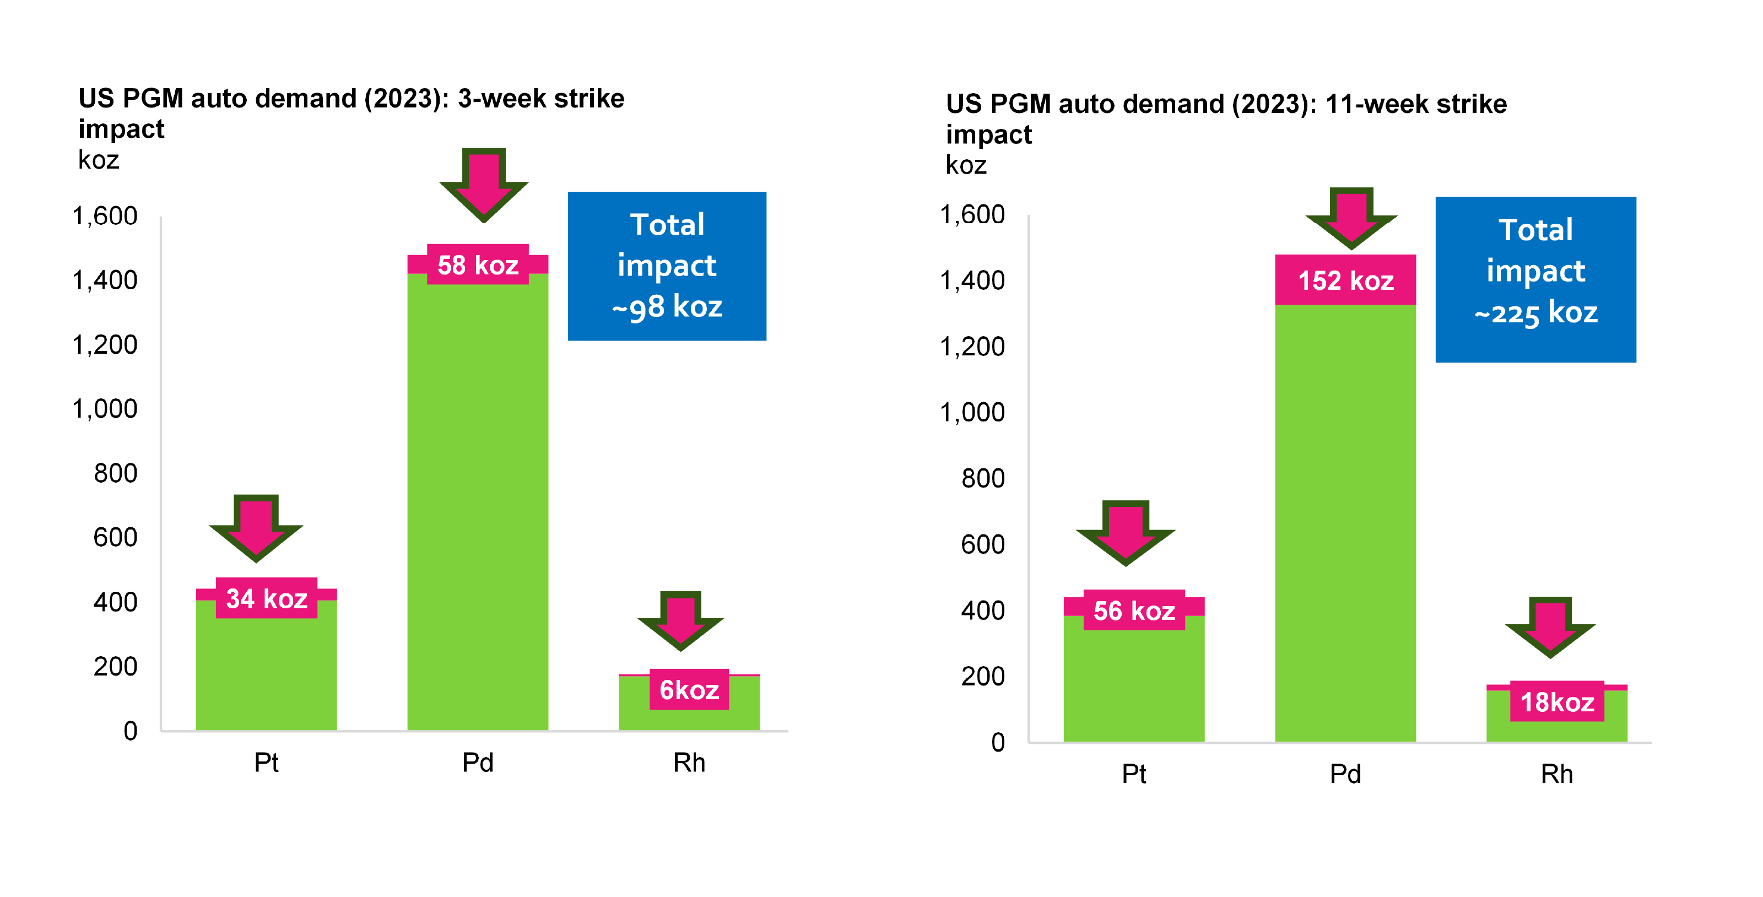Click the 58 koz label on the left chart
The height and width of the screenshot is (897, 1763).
coord(478,265)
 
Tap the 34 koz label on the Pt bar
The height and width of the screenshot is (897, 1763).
coord(266,599)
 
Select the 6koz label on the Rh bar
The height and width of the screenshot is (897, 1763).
coord(689,690)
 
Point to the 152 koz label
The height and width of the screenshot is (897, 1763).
coord(1345,280)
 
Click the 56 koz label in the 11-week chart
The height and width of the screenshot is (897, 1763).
coord(1134,610)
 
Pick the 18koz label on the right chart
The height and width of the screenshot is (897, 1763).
coord(1557,702)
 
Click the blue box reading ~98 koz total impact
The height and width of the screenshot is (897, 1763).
coord(667,266)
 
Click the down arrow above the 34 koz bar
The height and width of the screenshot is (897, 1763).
coord(256,527)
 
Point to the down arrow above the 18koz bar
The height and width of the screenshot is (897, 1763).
coord(1550,626)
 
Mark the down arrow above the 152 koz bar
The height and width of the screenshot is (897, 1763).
coord(1351,218)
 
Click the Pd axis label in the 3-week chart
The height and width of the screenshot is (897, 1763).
coord(478,762)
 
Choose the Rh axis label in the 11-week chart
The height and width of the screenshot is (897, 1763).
coord(1557,774)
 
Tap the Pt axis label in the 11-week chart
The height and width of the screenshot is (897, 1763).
coord(1134,774)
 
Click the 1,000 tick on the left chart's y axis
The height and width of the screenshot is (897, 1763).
coord(105,409)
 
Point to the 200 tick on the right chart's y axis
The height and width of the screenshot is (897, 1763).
coord(983,677)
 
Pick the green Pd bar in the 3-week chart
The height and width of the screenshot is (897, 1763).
coord(478,506)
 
